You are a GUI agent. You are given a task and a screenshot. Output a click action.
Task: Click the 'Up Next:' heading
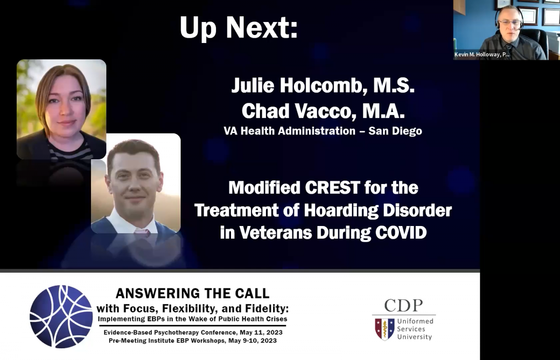tap(239, 28)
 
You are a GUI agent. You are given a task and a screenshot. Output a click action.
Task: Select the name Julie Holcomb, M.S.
tap(323, 85)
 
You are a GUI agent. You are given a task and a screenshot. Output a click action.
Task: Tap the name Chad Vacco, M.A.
tap(323, 111)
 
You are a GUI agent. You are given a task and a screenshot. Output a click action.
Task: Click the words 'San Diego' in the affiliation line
tap(395, 131)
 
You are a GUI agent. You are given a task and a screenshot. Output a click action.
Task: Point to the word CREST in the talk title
tap(332, 188)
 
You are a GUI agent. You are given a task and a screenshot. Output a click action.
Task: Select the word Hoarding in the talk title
tap(341, 211)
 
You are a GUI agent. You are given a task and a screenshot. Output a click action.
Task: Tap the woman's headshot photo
tap(62, 109)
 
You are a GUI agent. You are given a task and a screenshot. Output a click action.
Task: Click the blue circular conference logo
tap(61, 317)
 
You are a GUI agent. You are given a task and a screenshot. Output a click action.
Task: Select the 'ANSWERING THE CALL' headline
tap(192, 293)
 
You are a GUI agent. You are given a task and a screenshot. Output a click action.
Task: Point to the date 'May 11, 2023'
tap(261, 332)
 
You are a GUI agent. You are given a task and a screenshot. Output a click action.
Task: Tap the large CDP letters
tap(404, 305)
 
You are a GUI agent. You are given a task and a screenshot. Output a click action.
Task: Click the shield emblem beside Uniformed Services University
tap(385, 329)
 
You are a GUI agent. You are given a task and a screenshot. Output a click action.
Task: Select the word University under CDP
tap(414, 337)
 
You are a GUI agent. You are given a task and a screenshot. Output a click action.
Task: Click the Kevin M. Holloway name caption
tap(482, 55)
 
